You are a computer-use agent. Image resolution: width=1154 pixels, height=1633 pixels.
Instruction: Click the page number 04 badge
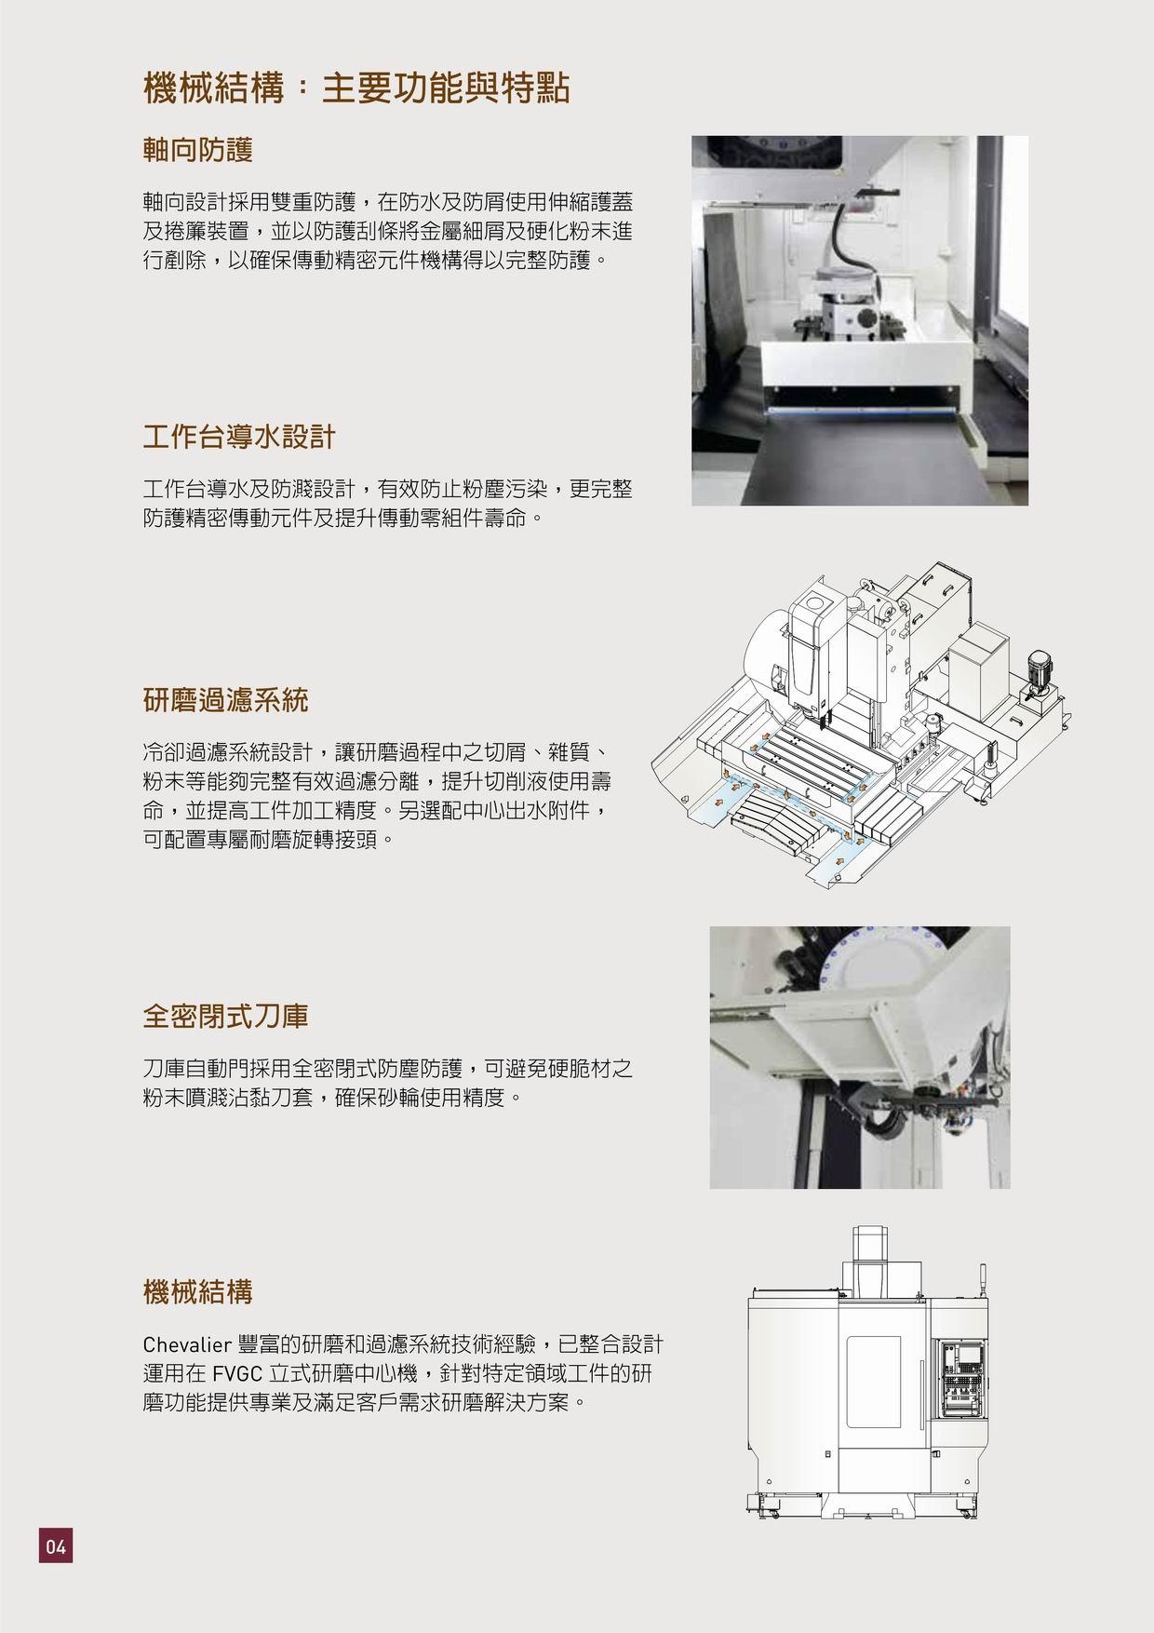point(55,1547)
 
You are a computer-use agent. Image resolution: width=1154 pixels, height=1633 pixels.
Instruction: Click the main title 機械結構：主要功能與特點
point(356,89)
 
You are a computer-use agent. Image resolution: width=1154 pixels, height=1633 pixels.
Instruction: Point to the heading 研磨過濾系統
point(225,700)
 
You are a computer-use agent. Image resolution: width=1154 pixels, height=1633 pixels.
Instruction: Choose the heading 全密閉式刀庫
point(225,1016)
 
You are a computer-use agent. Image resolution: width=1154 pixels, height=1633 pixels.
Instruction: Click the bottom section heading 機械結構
point(198,1292)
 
